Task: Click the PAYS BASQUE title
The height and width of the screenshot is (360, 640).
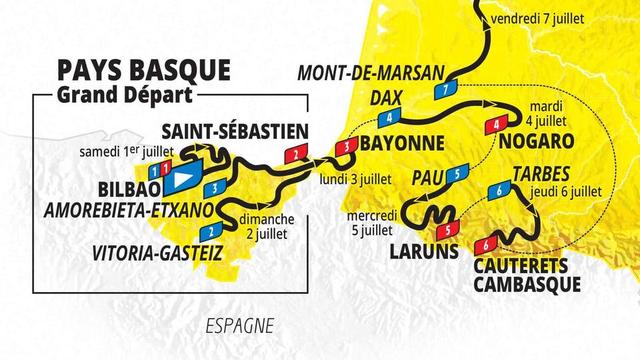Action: pos(144,71)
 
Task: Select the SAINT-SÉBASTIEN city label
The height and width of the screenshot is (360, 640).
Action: pos(233,131)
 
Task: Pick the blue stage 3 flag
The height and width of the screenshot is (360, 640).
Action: pos(212,186)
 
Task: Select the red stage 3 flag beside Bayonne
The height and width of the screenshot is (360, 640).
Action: pos(346,146)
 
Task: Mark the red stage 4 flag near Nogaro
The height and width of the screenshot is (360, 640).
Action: pos(495,124)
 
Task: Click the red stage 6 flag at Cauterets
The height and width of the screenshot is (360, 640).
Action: pos(486,244)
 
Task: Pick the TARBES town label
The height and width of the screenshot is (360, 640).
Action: pos(540,171)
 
